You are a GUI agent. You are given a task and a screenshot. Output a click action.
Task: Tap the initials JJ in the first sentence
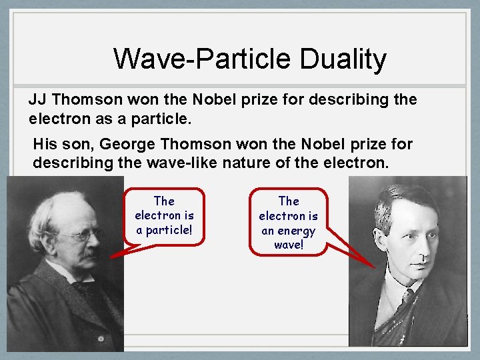[37, 100]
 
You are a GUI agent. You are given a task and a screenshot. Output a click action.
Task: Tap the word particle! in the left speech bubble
[164, 230]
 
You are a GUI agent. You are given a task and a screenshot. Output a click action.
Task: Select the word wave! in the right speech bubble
[289, 245]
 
